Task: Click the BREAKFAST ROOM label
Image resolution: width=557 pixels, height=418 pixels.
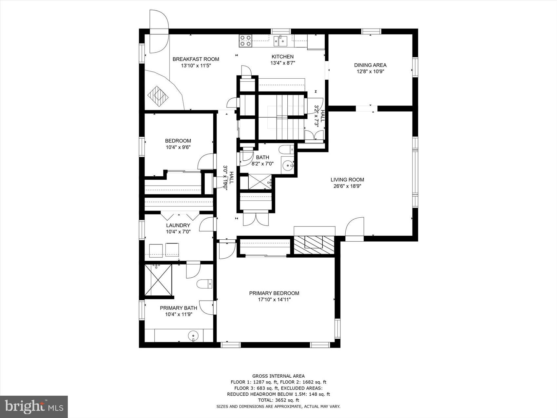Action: [196, 59]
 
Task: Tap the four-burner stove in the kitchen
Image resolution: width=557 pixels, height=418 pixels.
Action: [245, 41]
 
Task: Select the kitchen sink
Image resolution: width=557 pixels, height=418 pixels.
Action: [280, 41]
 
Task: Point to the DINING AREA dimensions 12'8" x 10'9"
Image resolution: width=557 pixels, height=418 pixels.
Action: [370, 71]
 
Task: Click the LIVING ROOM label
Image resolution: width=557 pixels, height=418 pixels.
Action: [347, 180]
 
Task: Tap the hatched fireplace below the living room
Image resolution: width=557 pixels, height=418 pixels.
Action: [314, 245]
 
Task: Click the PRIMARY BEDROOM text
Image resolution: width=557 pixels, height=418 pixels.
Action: [274, 293]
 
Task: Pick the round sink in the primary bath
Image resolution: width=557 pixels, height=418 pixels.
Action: [193, 336]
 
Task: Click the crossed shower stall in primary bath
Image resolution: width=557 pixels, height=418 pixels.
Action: [158, 280]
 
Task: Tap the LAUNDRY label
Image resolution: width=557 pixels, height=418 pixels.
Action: [178, 226]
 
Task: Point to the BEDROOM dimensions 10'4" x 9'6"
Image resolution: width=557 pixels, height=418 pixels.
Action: [178, 148]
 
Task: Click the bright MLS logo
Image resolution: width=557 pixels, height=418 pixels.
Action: [34, 407]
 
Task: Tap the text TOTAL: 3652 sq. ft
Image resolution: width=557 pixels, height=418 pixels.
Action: [278, 400]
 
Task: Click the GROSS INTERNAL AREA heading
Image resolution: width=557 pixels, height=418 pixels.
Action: [278, 376]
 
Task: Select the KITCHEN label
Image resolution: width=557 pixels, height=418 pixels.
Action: [282, 57]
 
